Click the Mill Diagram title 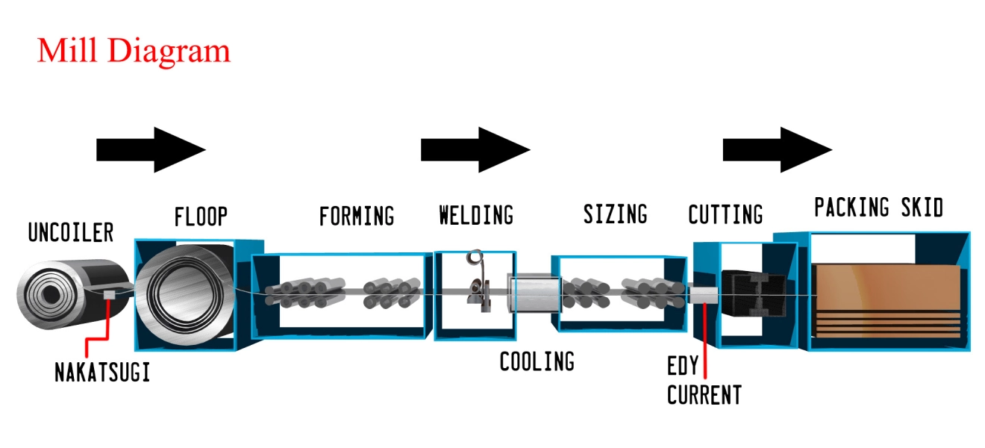[x=134, y=51]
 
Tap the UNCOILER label [x=70, y=233]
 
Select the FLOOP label [x=201, y=217]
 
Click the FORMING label [x=357, y=217]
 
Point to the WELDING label [x=476, y=216]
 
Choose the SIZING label [x=615, y=214]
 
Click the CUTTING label [x=725, y=215]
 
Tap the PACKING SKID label [x=878, y=207]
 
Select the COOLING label [x=537, y=362]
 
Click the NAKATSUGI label [x=102, y=372]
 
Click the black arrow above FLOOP [x=151, y=150]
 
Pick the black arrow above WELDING [x=475, y=150]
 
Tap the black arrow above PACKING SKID [x=777, y=150]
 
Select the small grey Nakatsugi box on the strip [x=110, y=294]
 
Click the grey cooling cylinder [x=534, y=294]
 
